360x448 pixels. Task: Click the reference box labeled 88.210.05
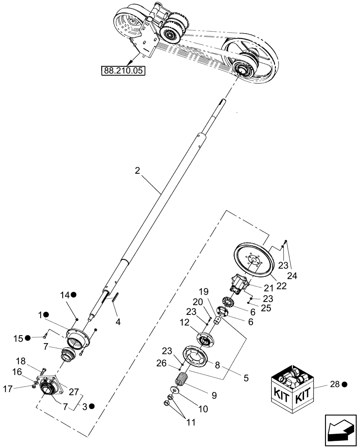coord(123,71)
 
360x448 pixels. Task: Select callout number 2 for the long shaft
coord(137,170)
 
